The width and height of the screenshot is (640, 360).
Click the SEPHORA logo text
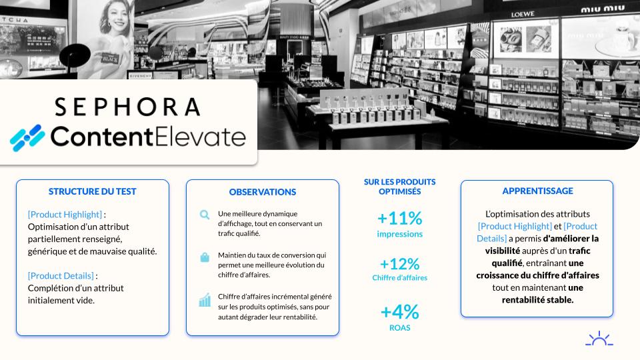click(127, 107)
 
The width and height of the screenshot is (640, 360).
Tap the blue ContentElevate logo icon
click(27, 138)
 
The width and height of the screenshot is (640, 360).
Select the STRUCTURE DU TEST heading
click(92, 191)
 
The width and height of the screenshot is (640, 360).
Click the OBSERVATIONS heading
click(263, 192)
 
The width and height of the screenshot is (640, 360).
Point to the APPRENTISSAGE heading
click(537, 191)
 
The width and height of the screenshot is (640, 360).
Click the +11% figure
click(399, 219)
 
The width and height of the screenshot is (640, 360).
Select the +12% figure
click(399, 264)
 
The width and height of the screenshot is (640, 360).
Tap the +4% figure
click(399, 312)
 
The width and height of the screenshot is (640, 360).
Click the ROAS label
click(399, 328)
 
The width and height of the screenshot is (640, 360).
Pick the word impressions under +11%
click(399, 234)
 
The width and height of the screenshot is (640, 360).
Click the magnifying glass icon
click(205, 215)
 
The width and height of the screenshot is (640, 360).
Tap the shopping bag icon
click(205, 257)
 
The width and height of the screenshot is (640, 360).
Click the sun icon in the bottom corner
click(599, 339)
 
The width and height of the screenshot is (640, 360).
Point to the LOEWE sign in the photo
click(523, 14)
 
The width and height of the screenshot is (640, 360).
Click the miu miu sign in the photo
click(603, 9)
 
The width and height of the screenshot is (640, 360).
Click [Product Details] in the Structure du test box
click(61, 276)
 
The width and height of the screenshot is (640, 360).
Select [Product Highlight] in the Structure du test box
click(65, 215)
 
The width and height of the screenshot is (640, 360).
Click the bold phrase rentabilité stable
click(537, 300)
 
